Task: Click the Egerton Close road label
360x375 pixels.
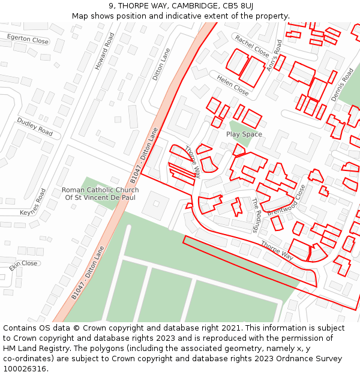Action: pos(28,40)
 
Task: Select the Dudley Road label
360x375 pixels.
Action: pos(35,126)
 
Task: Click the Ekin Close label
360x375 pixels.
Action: pos(23,264)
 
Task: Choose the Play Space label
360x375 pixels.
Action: pos(244,134)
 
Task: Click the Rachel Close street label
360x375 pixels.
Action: pos(252,46)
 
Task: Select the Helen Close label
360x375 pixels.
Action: pos(233,86)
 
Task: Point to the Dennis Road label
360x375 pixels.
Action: pos(343,85)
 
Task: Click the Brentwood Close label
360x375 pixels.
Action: pos(287,200)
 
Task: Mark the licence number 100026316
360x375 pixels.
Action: pos(24,369)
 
